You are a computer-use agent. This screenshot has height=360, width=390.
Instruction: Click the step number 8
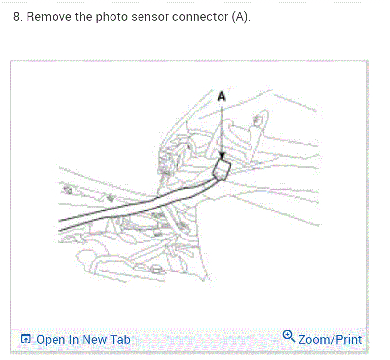[x=18, y=17]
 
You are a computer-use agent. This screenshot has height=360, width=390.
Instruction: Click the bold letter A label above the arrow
[x=222, y=97]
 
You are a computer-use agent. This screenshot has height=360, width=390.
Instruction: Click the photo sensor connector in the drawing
[x=223, y=169]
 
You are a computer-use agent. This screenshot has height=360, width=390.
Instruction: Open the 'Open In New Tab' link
[x=83, y=339]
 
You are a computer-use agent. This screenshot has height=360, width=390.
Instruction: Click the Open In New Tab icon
[x=26, y=339]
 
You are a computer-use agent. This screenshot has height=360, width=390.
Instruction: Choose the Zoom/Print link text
[x=330, y=339]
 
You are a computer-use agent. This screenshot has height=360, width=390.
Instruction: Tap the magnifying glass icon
[x=289, y=337]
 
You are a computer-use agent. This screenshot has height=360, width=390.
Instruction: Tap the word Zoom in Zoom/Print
[x=313, y=339]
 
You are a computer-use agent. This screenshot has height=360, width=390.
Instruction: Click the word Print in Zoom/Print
[x=348, y=339]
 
